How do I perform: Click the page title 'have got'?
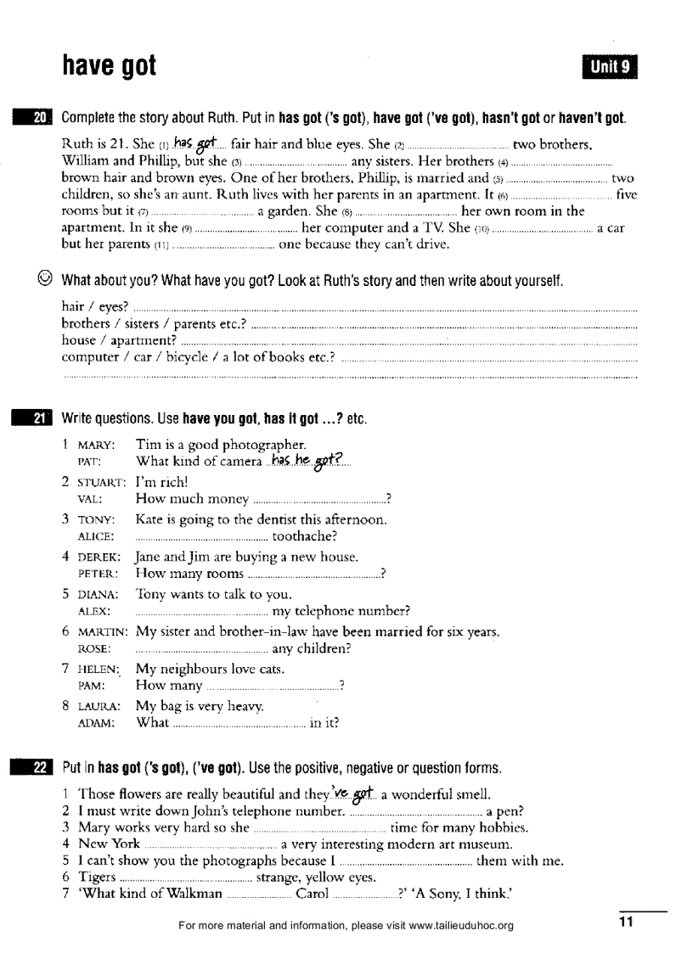click(110, 65)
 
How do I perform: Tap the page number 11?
click(626, 923)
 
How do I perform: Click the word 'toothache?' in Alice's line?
click(305, 536)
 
